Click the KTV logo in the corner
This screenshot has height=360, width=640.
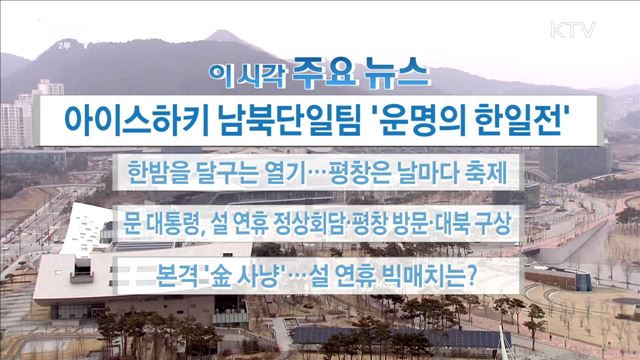pos(573,30)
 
